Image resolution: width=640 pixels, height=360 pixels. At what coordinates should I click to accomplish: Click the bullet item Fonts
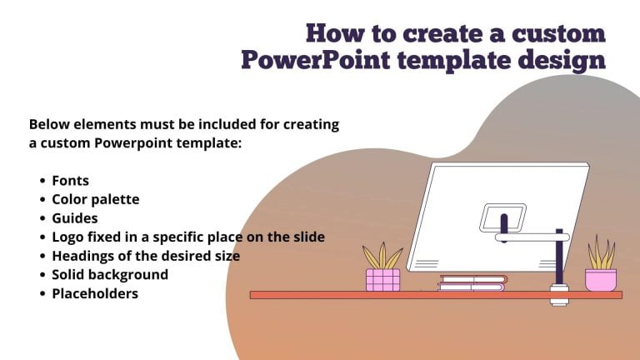(70, 180)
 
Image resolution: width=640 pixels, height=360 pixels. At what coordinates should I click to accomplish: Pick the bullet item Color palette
(95, 199)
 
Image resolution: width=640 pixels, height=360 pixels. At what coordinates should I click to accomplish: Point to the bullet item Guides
(74, 218)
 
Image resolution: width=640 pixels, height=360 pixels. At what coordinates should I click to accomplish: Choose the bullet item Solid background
(110, 274)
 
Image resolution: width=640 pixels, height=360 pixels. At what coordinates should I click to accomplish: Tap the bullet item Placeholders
(95, 293)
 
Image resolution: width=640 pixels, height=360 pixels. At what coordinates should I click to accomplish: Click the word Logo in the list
(67, 237)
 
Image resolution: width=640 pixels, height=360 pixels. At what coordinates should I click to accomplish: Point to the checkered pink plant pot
(382, 279)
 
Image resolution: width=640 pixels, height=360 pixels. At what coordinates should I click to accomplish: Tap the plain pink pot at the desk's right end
(600, 280)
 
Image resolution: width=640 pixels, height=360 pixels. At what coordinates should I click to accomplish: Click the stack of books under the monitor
(472, 283)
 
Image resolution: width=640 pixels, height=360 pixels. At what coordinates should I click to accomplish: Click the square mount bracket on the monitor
(502, 218)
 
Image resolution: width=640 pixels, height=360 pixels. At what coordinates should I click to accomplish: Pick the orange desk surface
(350, 295)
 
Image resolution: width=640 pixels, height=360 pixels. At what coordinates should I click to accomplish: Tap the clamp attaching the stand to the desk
(558, 295)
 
